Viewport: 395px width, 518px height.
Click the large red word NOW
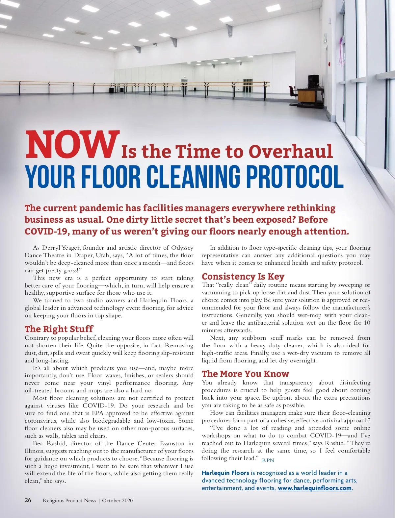pyautogui.click(x=72, y=145)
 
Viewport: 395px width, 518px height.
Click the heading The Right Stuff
pyautogui.click(x=59, y=329)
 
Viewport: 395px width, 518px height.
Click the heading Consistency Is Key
pyautogui.click(x=243, y=276)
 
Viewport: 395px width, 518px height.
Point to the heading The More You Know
pyautogui.click(x=245, y=374)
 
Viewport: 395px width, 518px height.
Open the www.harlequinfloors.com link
pyautogui.click(x=314, y=488)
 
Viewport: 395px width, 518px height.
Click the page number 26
pyautogui.click(x=28, y=500)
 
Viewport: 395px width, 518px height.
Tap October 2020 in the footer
pyautogui.click(x=117, y=501)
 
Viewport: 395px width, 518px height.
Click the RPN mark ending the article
pyautogui.click(x=268, y=460)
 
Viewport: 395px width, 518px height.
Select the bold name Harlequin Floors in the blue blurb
pyautogui.click(x=225, y=473)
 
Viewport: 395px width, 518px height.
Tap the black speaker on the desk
pyautogui.click(x=313, y=81)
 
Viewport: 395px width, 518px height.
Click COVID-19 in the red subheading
pyautogui.click(x=46, y=232)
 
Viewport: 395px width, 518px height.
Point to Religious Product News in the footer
pyautogui.click(x=69, y=501)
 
